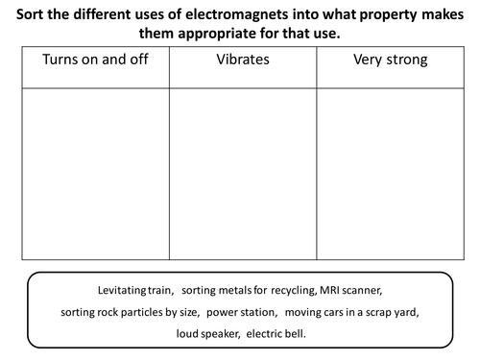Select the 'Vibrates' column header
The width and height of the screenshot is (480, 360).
pyautogui.click(x=243, y=61)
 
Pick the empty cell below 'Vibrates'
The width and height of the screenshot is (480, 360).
pyautogui.click(x=243, y=173)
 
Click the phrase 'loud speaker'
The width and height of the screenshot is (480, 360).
pyautogui.click(x=205, y=333)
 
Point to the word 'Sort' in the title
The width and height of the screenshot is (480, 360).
pyautogui.click(x=32, y=13)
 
